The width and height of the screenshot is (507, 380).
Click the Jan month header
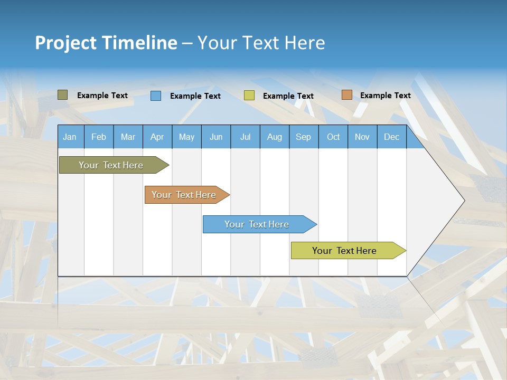(70, 137)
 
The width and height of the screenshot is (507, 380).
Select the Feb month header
(99, 137)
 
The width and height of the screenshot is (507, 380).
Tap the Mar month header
(128, 137)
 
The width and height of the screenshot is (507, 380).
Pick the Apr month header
(157, 137)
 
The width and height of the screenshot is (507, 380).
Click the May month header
(186, 137)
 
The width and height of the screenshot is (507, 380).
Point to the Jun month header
(216, 137)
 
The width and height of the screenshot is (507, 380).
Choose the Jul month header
(245, 137)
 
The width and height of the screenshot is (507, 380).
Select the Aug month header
(275, 137)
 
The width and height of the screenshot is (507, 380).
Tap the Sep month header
(304, 137)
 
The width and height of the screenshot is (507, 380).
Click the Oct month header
(333, 137)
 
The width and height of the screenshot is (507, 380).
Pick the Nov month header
(362, 137)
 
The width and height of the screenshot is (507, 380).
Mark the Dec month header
(392, 137)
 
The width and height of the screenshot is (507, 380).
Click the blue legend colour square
(156, 96)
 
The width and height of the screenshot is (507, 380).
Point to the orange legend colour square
(346, 95)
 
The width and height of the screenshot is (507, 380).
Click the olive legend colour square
(63, 95)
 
